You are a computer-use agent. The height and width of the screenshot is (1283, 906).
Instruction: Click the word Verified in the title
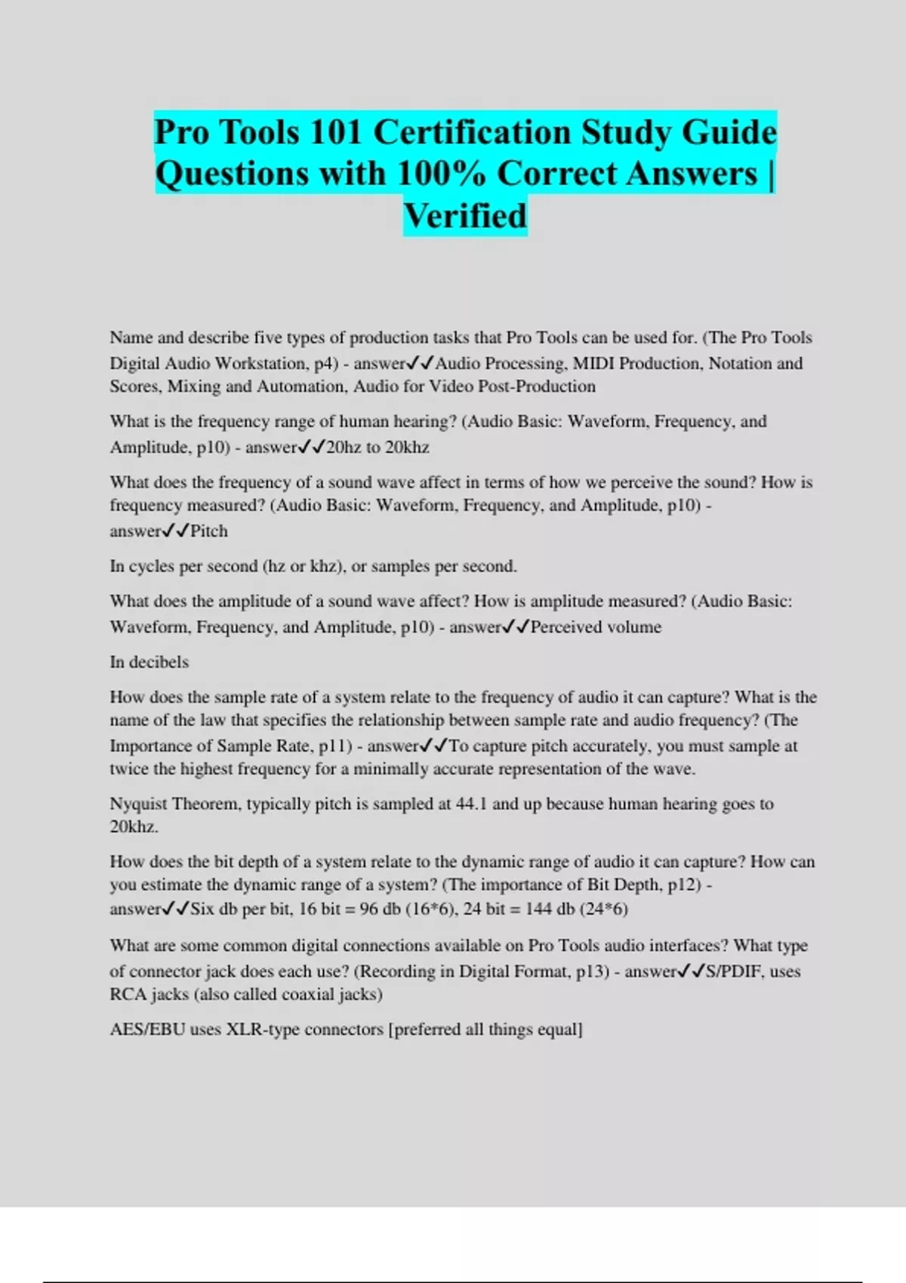(465, 216)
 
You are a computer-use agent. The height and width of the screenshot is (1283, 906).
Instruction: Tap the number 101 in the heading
(337, 133)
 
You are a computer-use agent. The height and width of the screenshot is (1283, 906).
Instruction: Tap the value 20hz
(344, 447)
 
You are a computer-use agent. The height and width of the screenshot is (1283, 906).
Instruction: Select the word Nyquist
(138, 804)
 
